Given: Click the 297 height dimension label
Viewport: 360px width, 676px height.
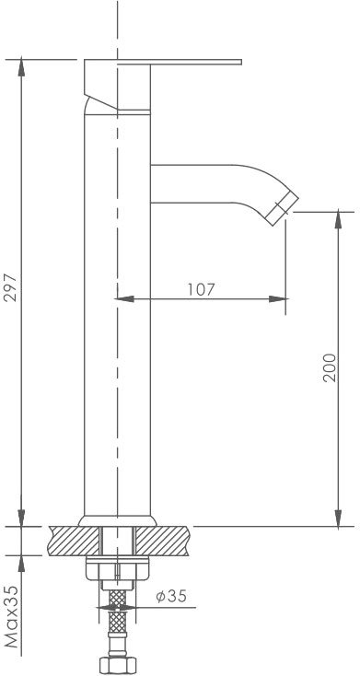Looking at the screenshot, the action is (11, 287).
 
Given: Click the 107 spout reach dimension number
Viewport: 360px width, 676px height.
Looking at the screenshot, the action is (201, 289).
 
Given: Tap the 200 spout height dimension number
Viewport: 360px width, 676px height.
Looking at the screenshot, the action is (330, 367).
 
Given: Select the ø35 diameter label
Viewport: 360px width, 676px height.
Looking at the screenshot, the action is (171, 597).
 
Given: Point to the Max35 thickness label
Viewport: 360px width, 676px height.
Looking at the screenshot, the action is (13, 616).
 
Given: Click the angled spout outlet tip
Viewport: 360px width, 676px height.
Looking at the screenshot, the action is (282, 209).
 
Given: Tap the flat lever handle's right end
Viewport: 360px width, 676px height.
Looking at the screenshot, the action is (239, 62).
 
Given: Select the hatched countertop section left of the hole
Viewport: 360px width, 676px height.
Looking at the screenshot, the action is (74, 541).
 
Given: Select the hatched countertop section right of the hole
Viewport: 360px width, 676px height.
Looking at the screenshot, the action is (162, 541).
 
